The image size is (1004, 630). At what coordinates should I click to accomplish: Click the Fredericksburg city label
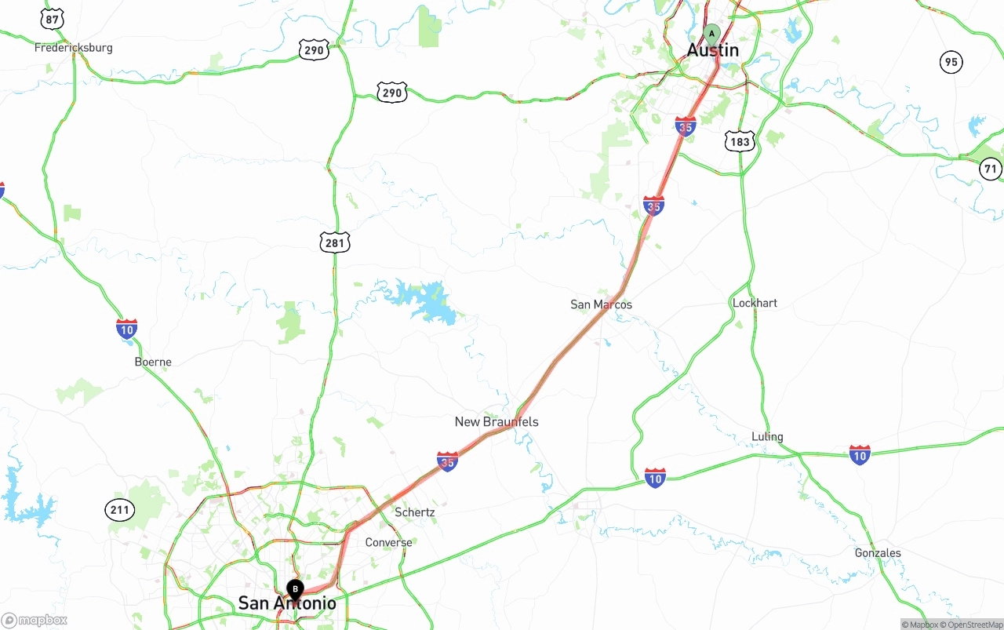[73, 48]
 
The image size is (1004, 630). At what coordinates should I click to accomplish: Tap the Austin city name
[712, 50]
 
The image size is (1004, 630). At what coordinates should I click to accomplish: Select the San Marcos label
[601, 304]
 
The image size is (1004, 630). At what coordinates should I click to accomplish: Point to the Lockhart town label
[755, 303]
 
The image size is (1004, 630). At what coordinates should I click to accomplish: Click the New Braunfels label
[497, 422]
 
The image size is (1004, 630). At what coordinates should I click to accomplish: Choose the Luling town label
[767, 437]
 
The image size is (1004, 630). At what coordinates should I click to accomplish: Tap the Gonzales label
[878, 553]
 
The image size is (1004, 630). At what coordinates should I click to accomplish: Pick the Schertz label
[414, 512]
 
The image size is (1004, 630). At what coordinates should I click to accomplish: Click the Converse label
[388, 543]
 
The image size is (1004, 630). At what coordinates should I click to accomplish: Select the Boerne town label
[153, 362]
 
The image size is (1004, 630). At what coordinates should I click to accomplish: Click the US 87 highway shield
[53, 19]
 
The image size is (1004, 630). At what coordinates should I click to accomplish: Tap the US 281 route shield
[334, 242]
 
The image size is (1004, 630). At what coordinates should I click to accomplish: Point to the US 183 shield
[740, 141]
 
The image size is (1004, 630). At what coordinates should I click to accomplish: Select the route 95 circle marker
[951, 62]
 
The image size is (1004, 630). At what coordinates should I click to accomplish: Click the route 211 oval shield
[119, 510]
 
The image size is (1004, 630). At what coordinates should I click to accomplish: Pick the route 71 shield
[991, 169]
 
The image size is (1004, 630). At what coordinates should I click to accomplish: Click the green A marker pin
[711, 34]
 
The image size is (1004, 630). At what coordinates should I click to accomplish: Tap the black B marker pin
[295, 589]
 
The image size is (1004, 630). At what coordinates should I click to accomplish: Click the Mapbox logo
[35, 620]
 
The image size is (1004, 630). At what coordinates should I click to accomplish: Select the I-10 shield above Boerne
[126, 330]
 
